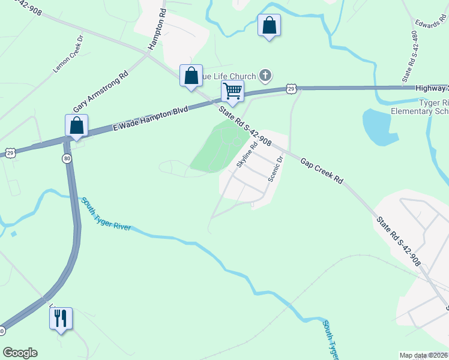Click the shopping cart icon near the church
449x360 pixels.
(x=232, y=91)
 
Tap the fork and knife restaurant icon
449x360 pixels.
(x=61, y=318)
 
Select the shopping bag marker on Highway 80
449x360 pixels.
(x=76, y=125)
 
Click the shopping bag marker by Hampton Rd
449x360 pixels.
(x=191, y=76)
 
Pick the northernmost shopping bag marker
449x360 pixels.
(x=269, y=26)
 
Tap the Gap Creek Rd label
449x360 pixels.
(x=321, y=171)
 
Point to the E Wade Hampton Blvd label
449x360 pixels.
(x=150, y=119)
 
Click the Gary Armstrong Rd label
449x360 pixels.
(x=101, y=92)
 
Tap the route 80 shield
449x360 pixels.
(x=66, y=158)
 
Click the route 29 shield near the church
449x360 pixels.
(x=291, y=89)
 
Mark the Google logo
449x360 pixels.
(x=20, y=353)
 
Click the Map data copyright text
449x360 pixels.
(x=424, y=355)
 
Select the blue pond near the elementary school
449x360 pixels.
(x=379, y=127)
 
